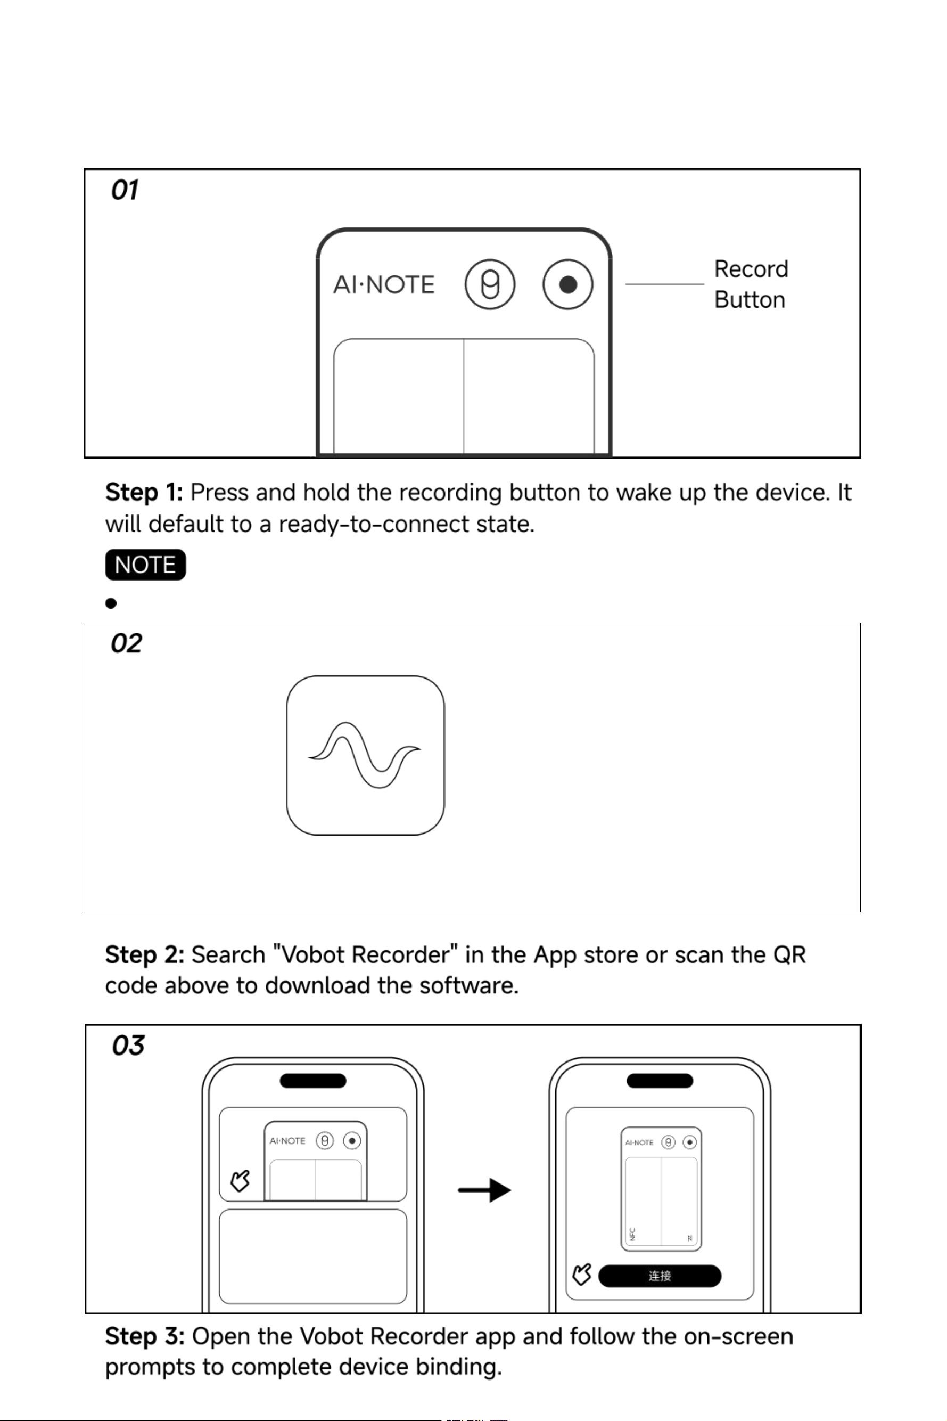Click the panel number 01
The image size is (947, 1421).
[125, 190]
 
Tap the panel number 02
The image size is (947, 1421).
[126, 643]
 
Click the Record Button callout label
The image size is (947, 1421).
[751, 284]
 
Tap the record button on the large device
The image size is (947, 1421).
[567, 284]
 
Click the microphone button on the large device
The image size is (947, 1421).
[490, 284]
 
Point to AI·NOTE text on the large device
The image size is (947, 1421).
[384, 284]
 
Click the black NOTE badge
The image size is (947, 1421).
[145, 565]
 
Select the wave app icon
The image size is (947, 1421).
[365, 755]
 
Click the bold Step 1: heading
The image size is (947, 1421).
[144, 492]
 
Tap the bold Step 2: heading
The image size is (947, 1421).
[144, 955]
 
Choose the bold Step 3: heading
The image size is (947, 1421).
[144, 1336]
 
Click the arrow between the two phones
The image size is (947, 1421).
[484, 1190]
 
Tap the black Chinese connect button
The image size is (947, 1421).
[660, 1276]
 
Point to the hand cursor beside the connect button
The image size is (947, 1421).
[582, 1275]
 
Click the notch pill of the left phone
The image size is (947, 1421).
[313, 1081]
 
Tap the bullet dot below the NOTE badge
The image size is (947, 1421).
[111, 603]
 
